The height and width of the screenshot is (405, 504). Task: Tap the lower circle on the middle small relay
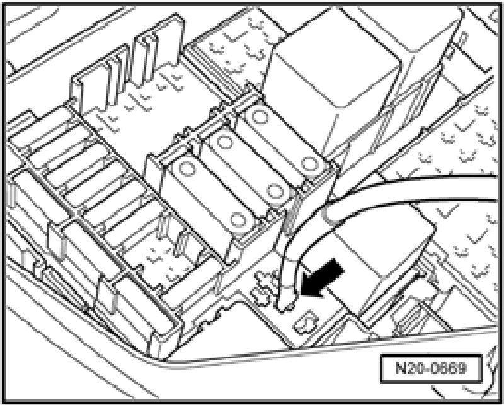click(275, 190)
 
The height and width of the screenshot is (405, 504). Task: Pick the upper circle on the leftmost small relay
click(186, 169)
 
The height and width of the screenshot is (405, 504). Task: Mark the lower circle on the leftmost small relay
click(238, 219)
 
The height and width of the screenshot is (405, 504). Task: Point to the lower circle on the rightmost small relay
click(308, 164)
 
